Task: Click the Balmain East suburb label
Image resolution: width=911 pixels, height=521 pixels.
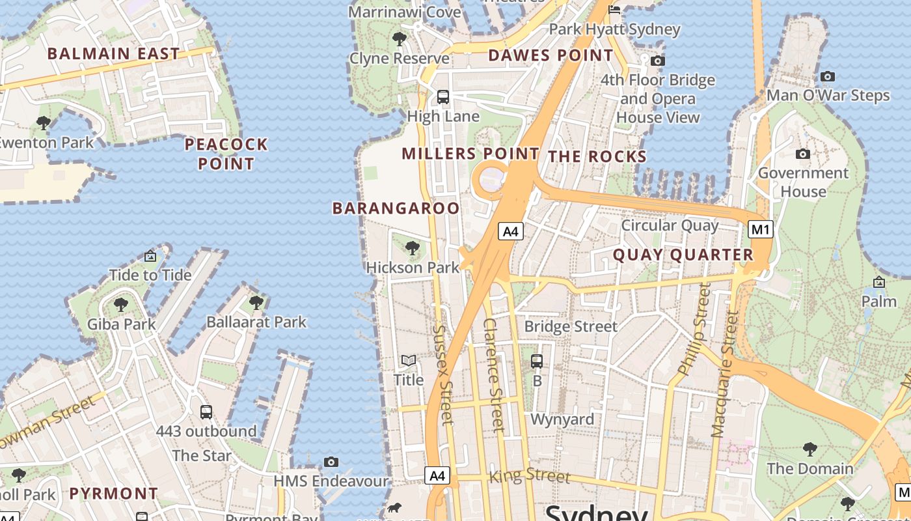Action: point(113,53)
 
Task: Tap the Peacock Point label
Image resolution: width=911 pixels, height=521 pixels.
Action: point(226,154)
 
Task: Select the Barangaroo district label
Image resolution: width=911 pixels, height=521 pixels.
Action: point(396,208)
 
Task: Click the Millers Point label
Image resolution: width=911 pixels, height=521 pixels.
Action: point(470,154)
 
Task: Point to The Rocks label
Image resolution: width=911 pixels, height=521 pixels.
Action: point(597,156)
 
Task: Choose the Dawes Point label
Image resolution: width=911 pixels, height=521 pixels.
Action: point(551,55)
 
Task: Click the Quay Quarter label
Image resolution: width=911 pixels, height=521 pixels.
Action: point(683,255)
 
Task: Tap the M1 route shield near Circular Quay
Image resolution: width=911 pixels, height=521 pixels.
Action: point(761,229)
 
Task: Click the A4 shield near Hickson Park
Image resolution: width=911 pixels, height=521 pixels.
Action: point(511,231)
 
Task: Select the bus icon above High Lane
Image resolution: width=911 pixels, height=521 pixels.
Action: point(443,97)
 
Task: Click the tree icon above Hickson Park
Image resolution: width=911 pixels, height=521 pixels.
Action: point(412,248)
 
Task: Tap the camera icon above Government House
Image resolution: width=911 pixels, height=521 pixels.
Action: point(803,154)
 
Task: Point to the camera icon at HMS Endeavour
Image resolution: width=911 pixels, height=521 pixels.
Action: point(331,462)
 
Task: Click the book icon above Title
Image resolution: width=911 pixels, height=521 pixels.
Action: point(409,361)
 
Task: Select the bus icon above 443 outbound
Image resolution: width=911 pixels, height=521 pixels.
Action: point(206,412)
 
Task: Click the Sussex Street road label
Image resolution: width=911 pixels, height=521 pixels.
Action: point(442,374)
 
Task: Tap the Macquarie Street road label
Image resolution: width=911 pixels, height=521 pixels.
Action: point(724,374)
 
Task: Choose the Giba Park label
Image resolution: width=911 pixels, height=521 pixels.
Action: point(122,324)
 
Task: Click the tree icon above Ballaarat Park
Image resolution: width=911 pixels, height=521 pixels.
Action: point(256,303)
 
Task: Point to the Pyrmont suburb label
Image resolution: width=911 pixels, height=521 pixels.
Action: point(114,493)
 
